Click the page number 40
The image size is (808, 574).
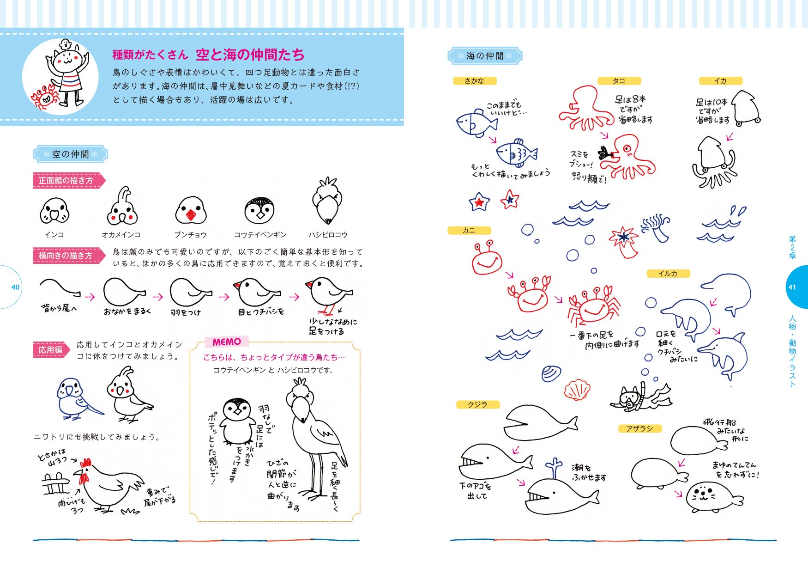(15, 287)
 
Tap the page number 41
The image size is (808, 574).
(792, 287)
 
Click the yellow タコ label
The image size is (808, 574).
(619, 81)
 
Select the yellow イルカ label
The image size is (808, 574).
(668, 274)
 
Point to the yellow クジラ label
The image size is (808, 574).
(477, 404)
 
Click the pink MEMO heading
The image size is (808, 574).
(226, 342)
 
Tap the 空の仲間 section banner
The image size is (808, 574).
(70, 154)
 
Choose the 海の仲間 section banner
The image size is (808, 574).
(485, 56)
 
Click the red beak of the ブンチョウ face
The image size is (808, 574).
(190, 215)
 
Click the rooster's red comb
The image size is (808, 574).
(85, 463)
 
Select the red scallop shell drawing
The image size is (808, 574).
(577, 390)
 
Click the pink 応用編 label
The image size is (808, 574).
(50, 350)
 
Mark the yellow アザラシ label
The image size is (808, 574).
(639, 429)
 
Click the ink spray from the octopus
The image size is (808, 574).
(604, 153)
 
